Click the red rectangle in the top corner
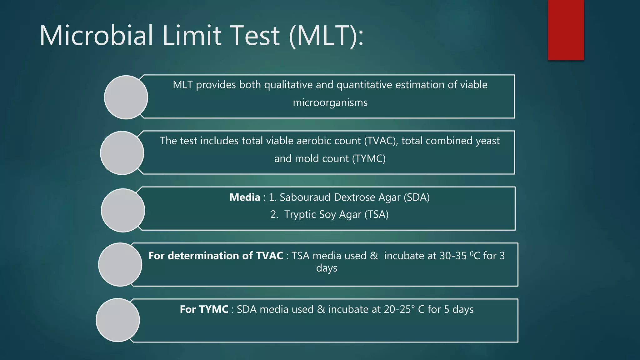point(566,30)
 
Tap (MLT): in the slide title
point(326,36)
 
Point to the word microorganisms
point(330,102)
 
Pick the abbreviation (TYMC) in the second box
point(369,158)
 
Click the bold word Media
point(245,197)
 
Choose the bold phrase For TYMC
point(204,309)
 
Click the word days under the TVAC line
point(327,268)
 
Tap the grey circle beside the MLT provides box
point(126,97)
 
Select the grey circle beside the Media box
point(123,210)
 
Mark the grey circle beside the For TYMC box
point(118,320)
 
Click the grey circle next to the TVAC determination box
point(120,264)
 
